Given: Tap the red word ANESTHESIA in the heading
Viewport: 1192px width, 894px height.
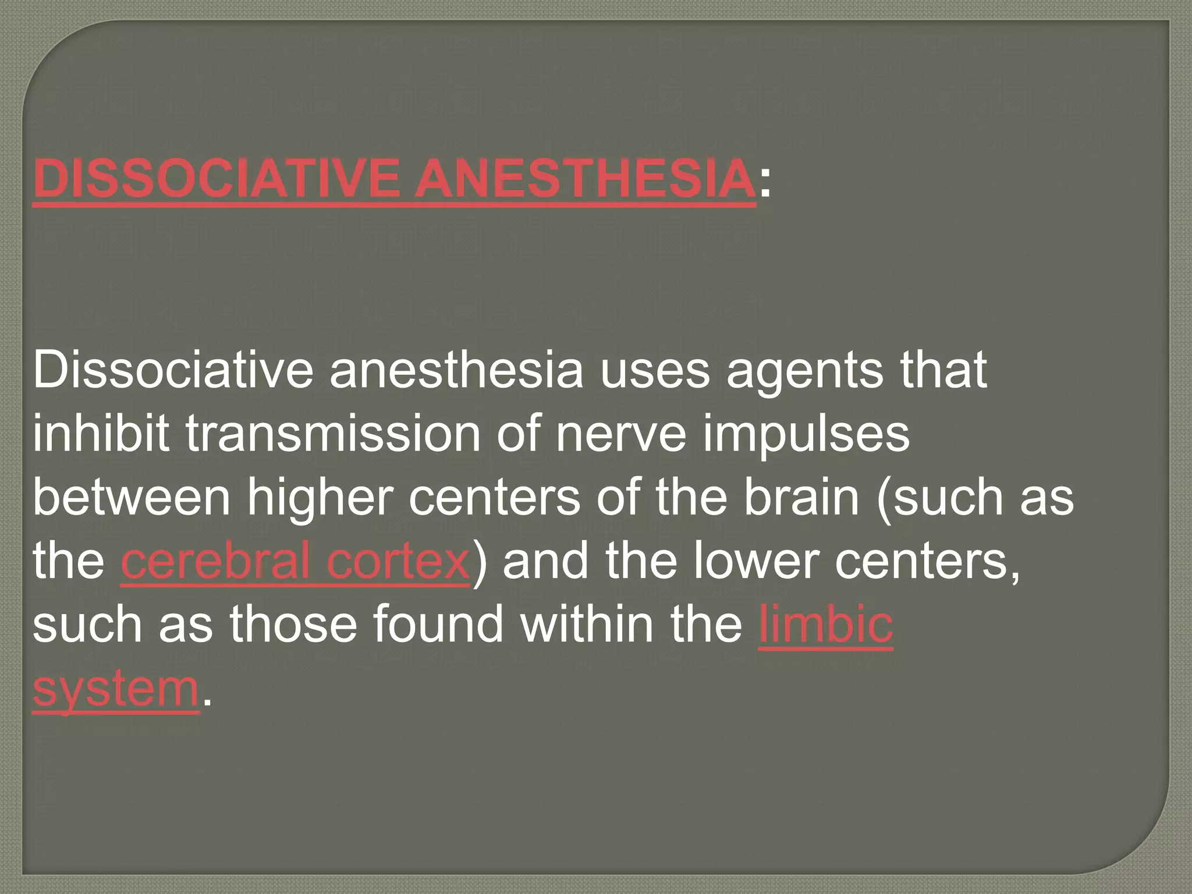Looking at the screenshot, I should click(583, 178).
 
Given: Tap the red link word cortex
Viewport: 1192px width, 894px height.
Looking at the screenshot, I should click(398, 563).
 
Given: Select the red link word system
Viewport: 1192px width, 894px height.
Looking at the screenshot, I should click(116, 690).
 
